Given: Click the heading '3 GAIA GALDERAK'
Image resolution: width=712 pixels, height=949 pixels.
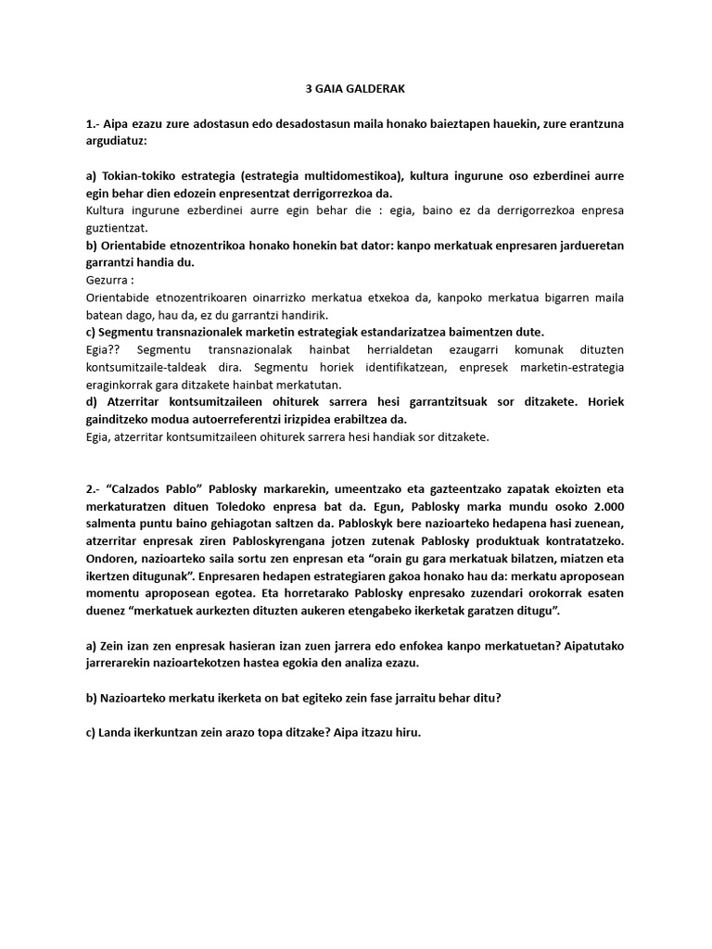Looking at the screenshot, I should [356, 89].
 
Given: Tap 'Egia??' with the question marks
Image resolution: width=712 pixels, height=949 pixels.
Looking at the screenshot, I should [103, 348].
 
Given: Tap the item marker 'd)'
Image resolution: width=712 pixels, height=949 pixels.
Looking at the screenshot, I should [92, 402].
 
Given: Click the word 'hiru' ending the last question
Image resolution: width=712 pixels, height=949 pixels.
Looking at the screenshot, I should [407, 731].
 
